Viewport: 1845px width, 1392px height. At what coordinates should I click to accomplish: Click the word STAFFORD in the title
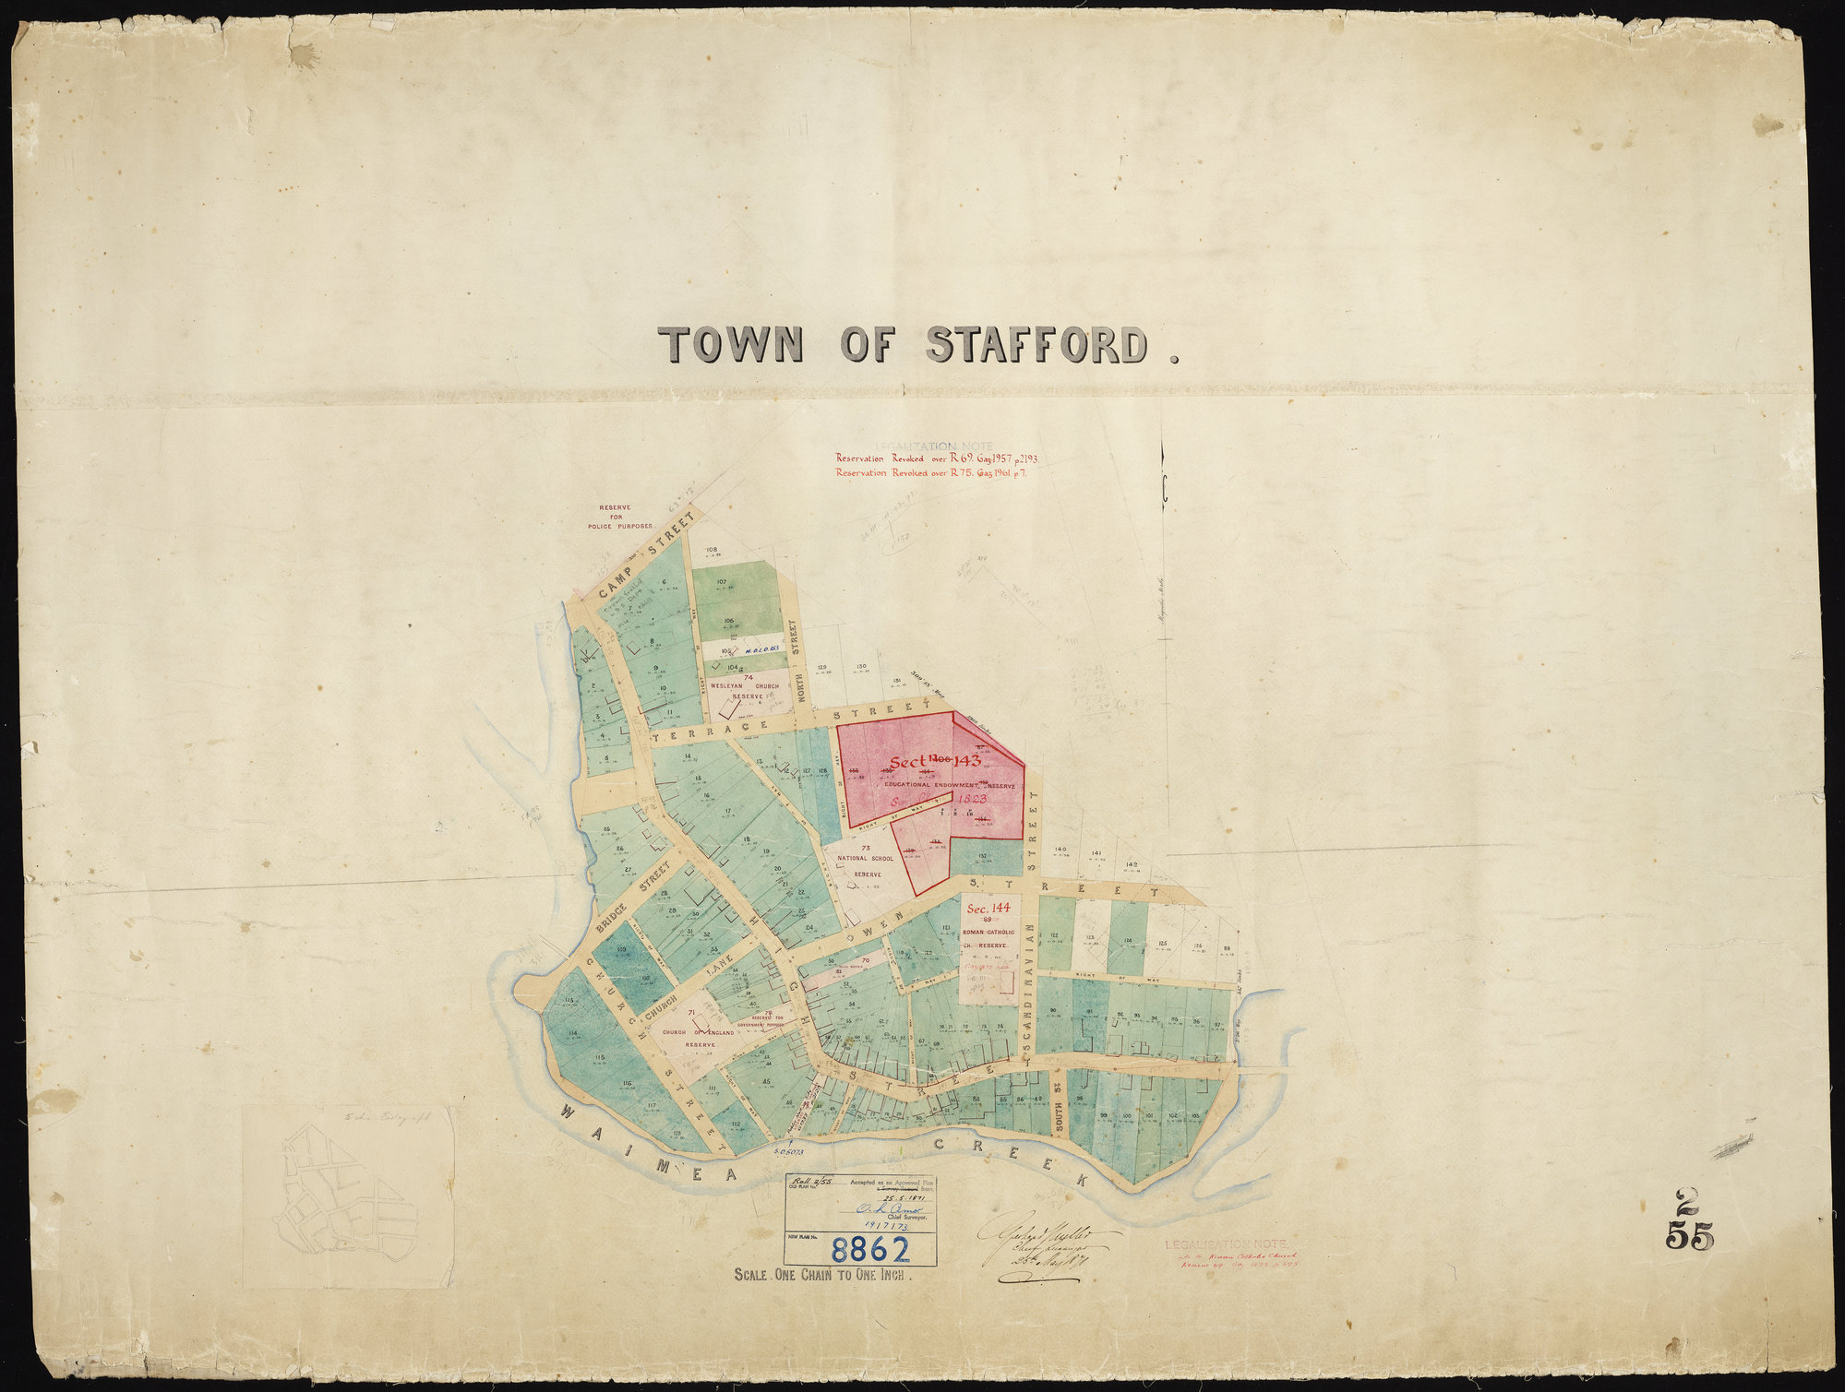1038,346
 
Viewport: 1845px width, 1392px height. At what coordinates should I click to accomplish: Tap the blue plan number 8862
869,1249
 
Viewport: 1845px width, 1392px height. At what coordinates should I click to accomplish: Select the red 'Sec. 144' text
988,909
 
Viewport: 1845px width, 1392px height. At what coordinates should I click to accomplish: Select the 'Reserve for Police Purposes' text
614,517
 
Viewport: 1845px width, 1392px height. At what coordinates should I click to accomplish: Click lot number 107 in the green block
722,582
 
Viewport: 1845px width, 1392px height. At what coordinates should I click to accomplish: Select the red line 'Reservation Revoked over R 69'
936,458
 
